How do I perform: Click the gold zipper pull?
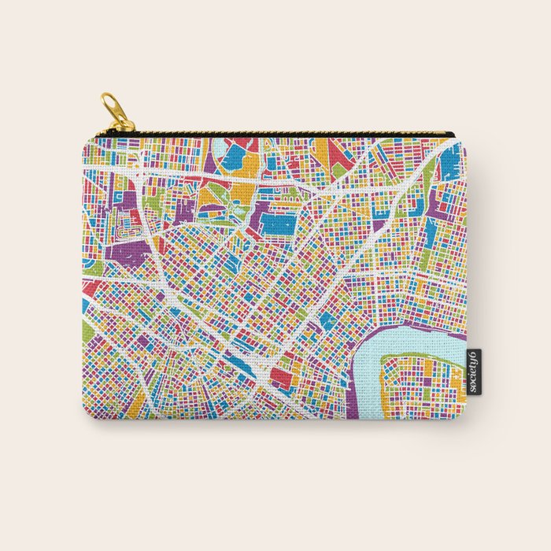117,113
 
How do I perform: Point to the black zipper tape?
283,135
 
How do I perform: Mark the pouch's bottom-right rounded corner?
461,414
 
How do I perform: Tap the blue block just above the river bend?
326,320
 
